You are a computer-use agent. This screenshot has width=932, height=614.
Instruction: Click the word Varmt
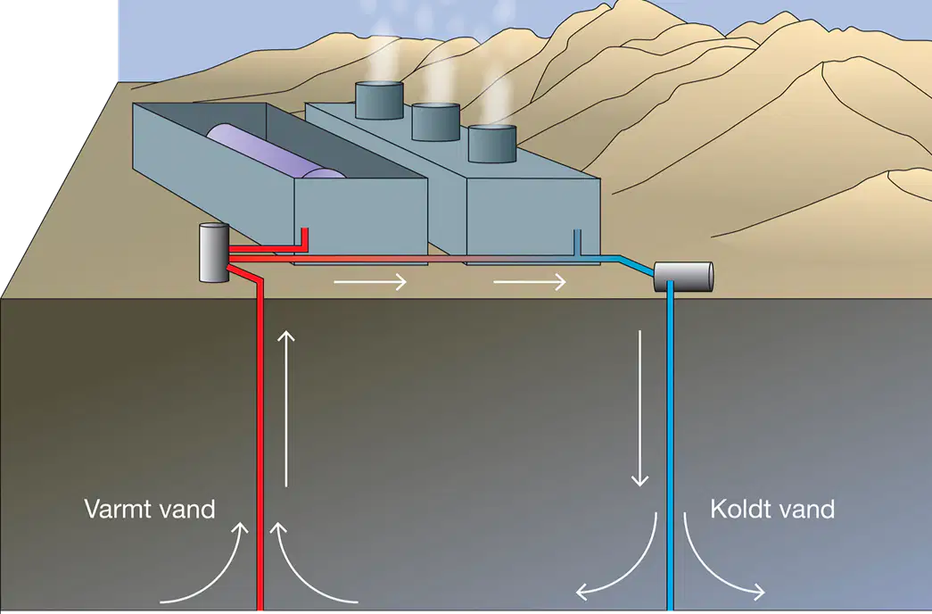pos(119,510)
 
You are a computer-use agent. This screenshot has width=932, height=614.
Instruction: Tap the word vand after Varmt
pos(186,510)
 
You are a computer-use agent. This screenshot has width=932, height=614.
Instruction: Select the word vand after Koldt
pos(806,509)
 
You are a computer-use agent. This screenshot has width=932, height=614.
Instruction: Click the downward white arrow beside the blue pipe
pos(639,408)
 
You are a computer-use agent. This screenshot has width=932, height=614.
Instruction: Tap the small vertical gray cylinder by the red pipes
pos(214,253)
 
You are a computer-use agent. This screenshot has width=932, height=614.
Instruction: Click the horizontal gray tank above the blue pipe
pos(683,277)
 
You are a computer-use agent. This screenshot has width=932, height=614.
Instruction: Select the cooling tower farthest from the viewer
pos(379,100)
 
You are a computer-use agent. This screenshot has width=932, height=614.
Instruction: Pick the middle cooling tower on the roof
pos(436,121)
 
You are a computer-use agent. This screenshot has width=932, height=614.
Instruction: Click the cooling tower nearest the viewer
pos(492,144)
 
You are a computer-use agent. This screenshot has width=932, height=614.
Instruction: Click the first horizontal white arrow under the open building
pos(370,281)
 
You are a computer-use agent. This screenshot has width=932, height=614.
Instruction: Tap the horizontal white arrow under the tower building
pos(530,281)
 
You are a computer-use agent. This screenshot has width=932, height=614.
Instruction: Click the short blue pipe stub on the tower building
pos(576,243)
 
